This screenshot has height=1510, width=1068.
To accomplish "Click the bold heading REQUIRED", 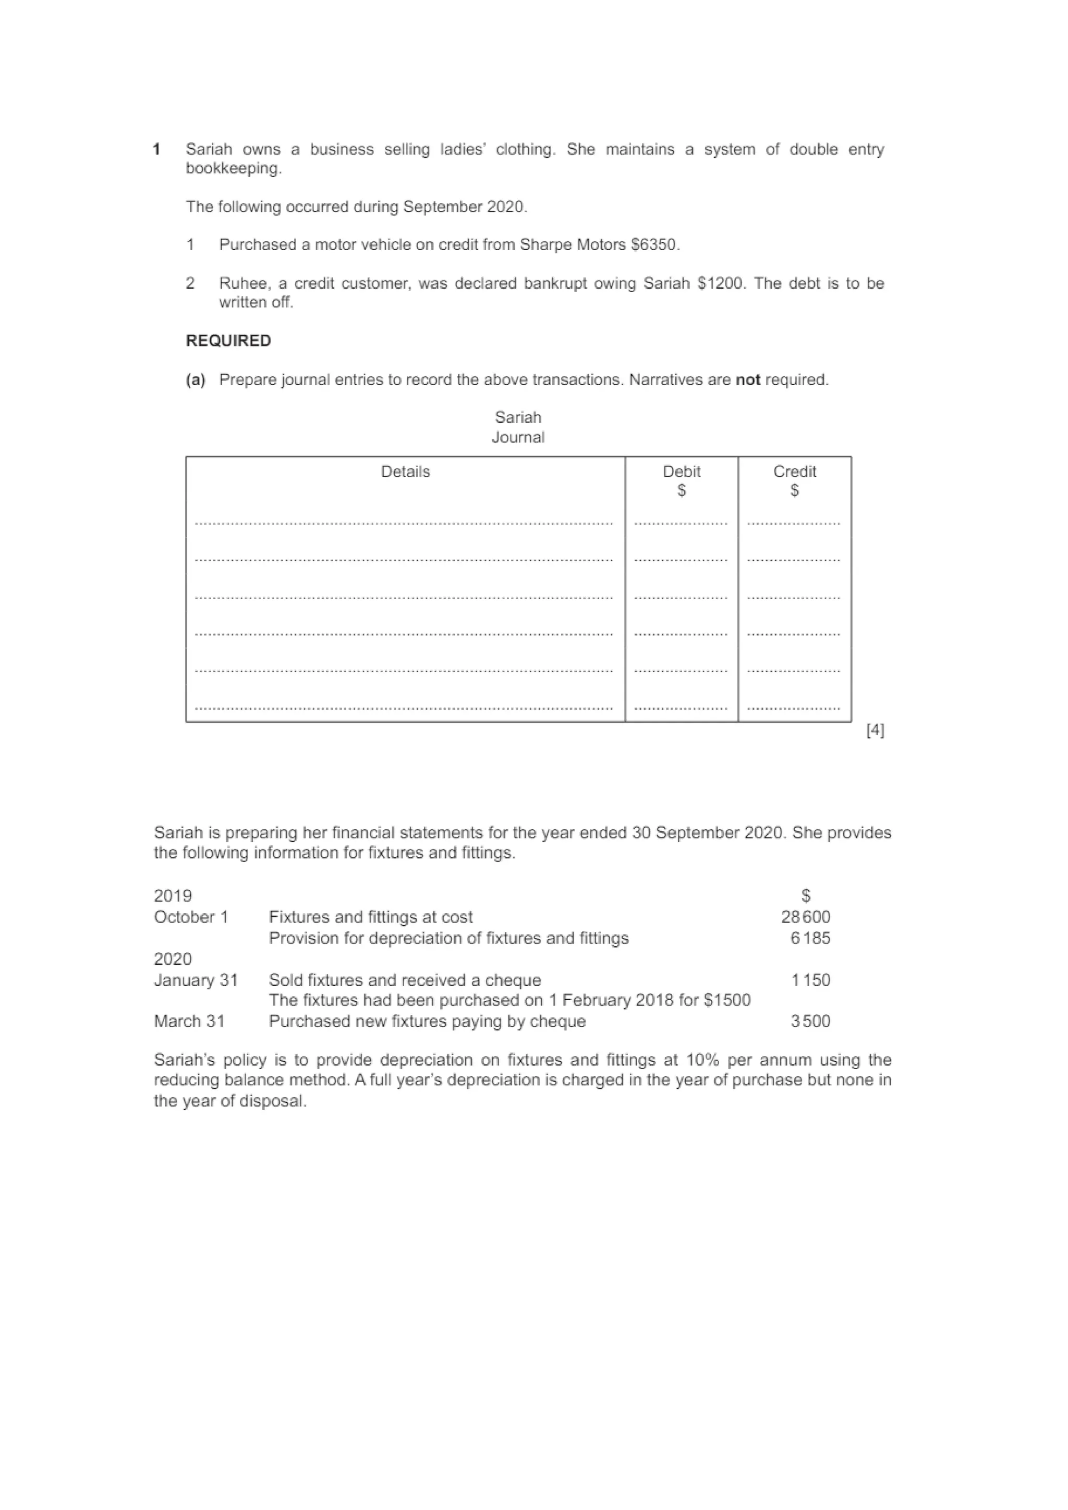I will [228, 341].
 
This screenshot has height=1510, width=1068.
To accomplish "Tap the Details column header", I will [405, 472].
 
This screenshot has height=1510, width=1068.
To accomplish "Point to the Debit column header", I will [681, 472].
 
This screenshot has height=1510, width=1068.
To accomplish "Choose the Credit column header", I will [794, 472].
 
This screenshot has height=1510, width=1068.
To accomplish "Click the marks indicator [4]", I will [875, 730].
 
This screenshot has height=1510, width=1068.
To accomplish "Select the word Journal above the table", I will [518, 437].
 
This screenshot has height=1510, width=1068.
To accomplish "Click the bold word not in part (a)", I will [747, 380].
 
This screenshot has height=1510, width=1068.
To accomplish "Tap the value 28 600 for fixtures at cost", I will [806, 917].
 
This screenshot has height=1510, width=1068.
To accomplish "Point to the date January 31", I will [196, 980].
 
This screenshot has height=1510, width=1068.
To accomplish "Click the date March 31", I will [189, 1022].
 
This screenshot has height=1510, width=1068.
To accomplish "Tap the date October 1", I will [191, 917].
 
